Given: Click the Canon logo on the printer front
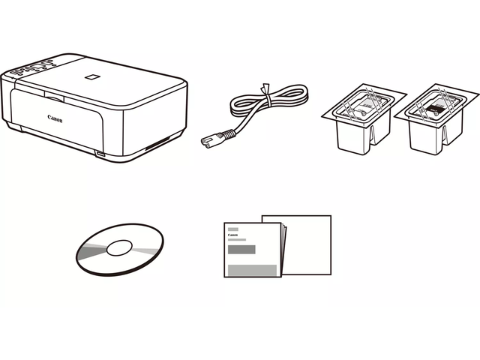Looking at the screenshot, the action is [55, 118].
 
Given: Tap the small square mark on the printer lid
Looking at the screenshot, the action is [92, 76].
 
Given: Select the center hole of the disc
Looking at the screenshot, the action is [119, 247].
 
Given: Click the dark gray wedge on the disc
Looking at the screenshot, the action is [91, 252].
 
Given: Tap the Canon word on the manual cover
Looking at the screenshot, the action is [232, 235].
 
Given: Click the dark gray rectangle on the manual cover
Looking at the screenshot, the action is [241, 250].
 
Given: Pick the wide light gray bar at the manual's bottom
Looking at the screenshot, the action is [252, 271].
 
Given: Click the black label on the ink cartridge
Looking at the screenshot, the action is [435, 109].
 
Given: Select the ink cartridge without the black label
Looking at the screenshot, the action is [364, 119].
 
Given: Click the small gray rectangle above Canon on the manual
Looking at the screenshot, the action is [233, 229].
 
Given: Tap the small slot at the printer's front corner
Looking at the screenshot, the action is [100, 154].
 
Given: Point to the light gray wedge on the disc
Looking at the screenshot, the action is [146, 252].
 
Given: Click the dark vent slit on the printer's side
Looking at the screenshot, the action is [157, 144].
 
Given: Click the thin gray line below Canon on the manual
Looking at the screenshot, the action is [237, 240].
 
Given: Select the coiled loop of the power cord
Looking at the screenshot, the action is [269, 101].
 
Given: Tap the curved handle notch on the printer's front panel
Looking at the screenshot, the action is [54, 97].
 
